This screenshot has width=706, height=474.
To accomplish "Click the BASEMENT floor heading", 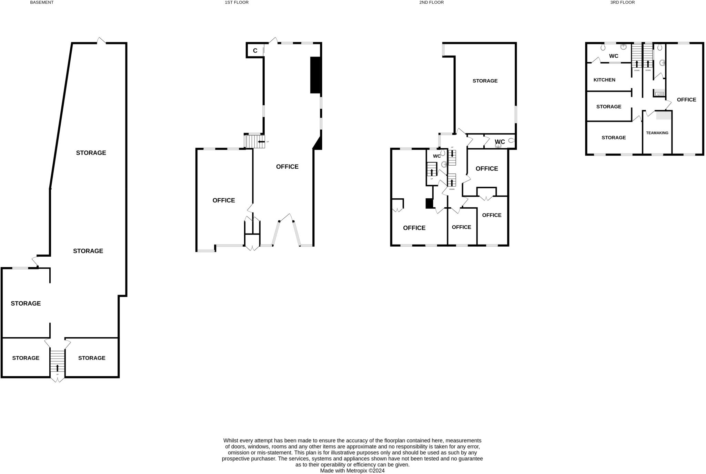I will [x=42, y=2].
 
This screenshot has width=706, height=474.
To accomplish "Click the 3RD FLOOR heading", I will [x=622, y=2].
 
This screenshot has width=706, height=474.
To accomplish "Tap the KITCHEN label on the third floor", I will [x=604, y=80].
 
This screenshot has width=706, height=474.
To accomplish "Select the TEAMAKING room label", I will [x=657, y=133].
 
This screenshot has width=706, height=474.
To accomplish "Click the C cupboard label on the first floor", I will [x=255, y=51].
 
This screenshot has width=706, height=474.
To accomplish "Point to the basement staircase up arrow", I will [x=58, y=367].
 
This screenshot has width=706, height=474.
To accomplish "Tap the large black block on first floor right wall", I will [x=315, y=75].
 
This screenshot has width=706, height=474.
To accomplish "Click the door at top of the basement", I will [x=101, y=41].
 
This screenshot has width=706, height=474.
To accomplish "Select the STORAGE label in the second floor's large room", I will [x=485, y=81].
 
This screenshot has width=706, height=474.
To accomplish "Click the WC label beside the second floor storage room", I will [x=500, y=142].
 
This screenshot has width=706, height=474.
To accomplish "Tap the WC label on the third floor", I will [x=614, y=56].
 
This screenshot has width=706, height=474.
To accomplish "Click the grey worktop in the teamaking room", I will [x=664, y=115].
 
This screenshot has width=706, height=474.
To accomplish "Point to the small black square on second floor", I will [x=429, y=204].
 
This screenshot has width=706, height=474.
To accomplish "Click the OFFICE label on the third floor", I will [x=686, y=100].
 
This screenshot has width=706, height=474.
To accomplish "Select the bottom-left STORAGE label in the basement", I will [x=26, y=358].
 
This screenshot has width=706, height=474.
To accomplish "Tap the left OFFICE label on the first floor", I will [x=224, y=200].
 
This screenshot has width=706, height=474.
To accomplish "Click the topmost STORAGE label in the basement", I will [x=91, y=153].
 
